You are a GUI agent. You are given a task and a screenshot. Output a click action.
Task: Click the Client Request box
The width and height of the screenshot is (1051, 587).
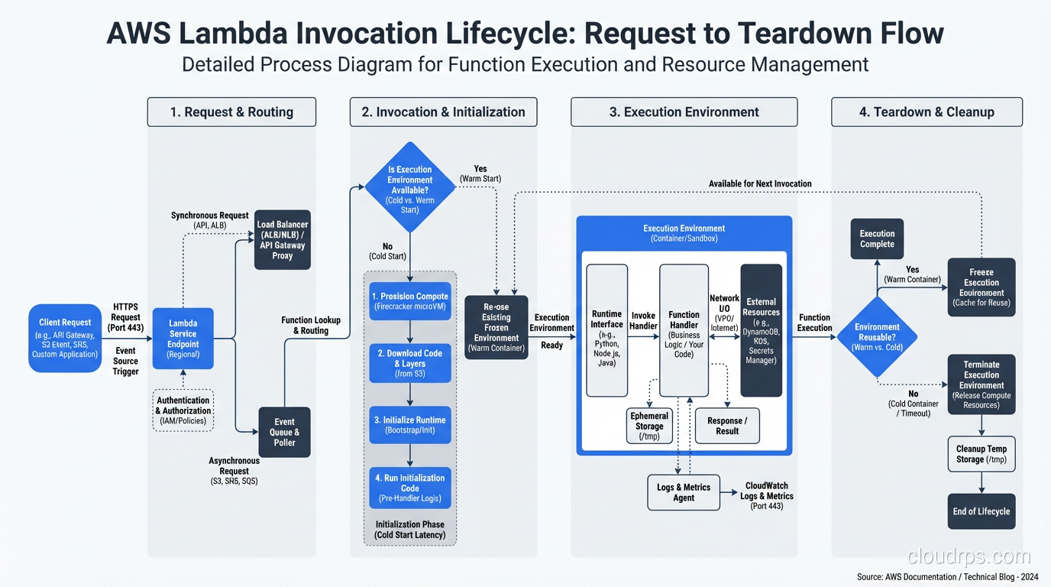[x=65, y=338]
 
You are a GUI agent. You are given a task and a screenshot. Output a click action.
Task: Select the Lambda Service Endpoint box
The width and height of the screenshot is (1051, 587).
[x=183, y=339]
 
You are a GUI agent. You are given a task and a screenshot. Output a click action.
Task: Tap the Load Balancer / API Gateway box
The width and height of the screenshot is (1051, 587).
[x=283, y=240]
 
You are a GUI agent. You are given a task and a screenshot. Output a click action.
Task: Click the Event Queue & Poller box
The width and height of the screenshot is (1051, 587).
[x=284, y=432]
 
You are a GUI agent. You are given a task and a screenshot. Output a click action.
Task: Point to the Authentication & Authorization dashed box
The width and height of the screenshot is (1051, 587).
[x=183, y=410]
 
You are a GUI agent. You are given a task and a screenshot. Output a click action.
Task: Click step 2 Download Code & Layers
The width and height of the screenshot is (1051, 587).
[x=410, y=363]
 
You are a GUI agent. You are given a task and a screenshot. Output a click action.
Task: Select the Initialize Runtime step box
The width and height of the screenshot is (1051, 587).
[x=410, y=425]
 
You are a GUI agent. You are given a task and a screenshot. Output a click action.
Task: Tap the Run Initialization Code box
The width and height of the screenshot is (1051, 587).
[x=410, y=488]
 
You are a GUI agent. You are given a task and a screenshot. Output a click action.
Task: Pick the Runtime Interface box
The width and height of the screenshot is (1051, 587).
[x=606, y=330]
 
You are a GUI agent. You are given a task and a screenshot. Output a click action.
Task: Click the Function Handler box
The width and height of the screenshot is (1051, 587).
[x=684, y=330]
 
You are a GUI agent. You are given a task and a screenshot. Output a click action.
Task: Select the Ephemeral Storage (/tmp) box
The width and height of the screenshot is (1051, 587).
[x=649, y=426]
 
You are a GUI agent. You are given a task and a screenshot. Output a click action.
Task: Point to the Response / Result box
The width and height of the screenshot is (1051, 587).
[x=727, y=426]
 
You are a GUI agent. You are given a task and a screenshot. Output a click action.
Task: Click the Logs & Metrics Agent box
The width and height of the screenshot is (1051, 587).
[x=684, y=492]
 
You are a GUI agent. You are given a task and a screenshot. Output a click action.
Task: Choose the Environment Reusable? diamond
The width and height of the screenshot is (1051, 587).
[x=877, y=337]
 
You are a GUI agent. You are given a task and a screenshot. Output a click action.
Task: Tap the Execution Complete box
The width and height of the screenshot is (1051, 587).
[x=877, y=238]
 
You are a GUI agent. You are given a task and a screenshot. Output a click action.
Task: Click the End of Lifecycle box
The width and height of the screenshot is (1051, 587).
[x=981, y=511]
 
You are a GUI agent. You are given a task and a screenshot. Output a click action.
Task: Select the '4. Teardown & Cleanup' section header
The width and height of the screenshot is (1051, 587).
[x=926, y=112]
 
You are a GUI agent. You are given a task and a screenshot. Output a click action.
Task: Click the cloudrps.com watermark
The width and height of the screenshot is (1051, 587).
[x=969, y=556]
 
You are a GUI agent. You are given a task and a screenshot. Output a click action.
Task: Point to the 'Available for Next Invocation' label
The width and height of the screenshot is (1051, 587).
[x=760, y=183]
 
